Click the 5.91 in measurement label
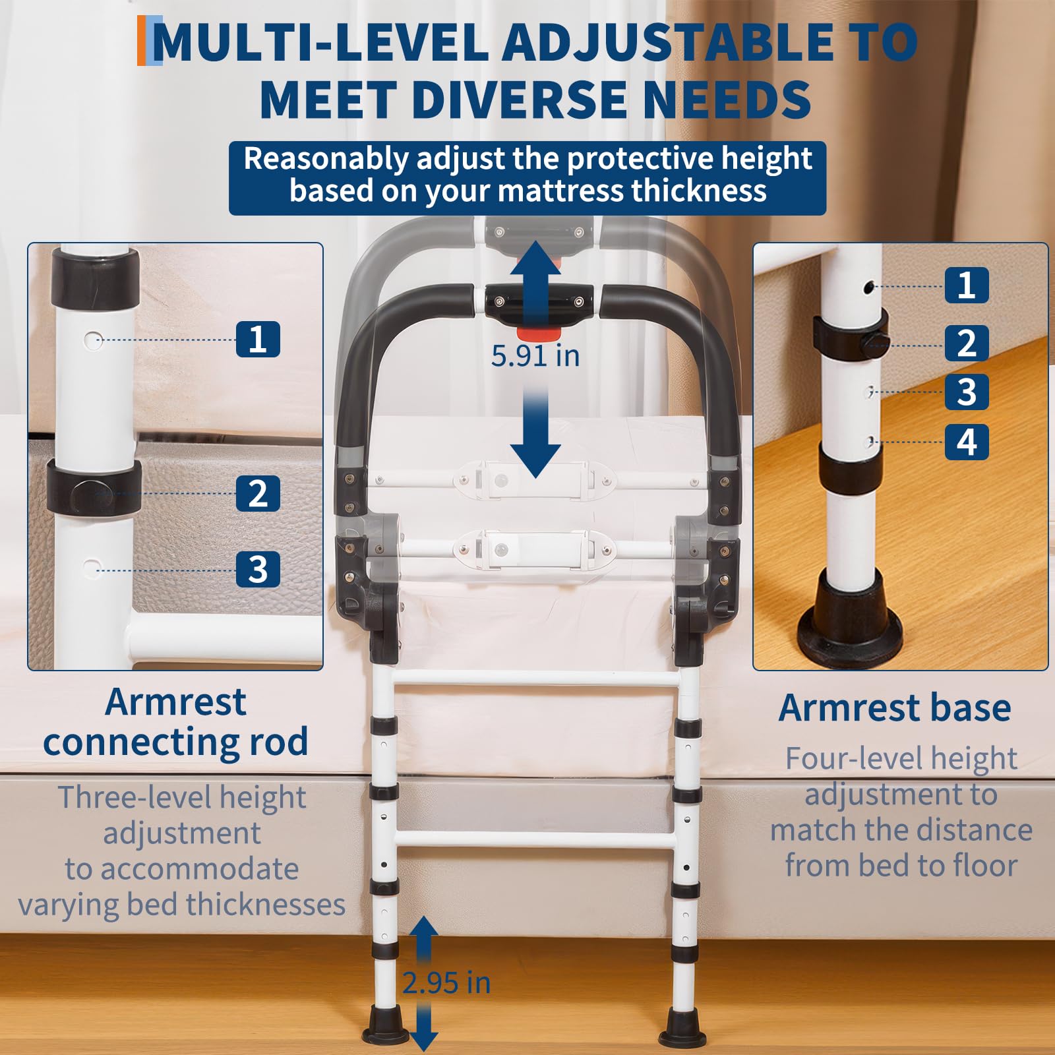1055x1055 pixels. [x=535, y=356]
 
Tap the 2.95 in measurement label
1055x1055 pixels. [x=447, y=983]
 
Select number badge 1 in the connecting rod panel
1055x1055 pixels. [x=258, y=340]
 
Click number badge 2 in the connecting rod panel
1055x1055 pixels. [x=258, y=493]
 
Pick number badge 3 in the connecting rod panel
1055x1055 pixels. [x=258, y=569]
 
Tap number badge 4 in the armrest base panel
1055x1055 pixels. [x=967, y=442]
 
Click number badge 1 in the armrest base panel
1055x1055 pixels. [x=967, y=285]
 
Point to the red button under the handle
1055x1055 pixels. [x=538, y=331]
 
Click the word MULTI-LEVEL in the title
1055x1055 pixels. [x=320, y=42]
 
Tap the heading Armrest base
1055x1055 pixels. [x=895, y=708]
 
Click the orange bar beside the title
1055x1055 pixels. [x=141, y=41]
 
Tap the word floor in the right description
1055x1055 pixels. [x=981, y=865]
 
